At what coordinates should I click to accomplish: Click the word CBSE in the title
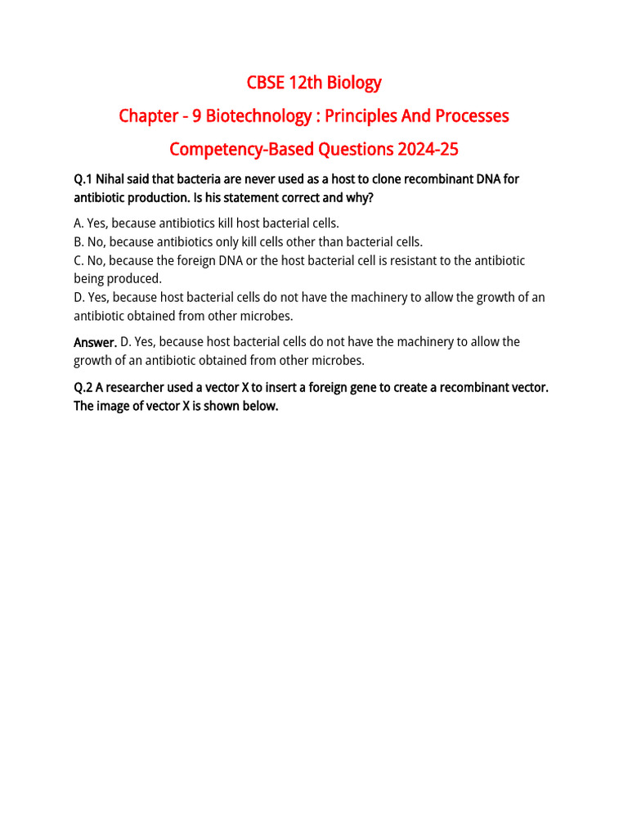click(x=265, y=83)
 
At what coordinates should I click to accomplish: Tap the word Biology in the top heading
click(x=354, y=83)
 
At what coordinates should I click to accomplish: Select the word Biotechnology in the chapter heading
click(x=258, y=116)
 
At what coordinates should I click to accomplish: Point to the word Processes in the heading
click(x=473, y=116)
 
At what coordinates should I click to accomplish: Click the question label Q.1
click(x=83, y=179)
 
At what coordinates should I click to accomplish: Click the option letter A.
click(x=78, y=223)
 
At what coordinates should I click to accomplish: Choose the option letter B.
click(x=78, y=241)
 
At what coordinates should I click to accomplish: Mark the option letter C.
click(x=78, y=260)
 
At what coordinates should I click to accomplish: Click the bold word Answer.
click(x=95, y=342)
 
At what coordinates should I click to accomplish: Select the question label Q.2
click(x=83, y=387)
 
